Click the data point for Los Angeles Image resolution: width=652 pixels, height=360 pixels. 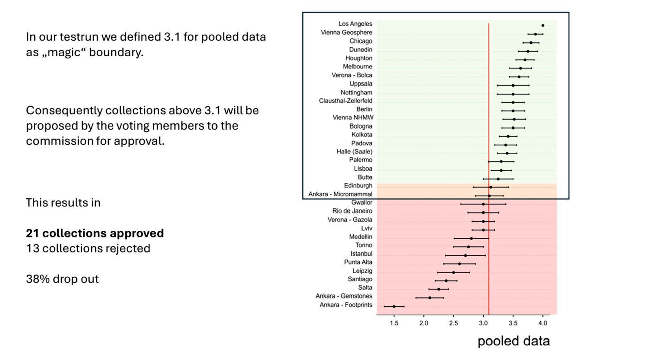543,26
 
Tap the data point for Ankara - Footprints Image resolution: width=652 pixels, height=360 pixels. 394,306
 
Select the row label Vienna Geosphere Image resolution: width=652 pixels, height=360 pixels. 346,33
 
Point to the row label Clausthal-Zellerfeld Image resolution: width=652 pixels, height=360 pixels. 346,101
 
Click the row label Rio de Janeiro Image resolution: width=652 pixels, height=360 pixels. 352,211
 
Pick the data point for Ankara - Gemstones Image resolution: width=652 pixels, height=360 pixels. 430,298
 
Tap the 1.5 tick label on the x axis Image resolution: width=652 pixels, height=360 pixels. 394,323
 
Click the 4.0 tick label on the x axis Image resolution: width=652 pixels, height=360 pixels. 543,323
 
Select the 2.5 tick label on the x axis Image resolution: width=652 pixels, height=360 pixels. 454,323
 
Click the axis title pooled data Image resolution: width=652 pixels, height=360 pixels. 513,341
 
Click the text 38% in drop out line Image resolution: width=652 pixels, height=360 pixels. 38,279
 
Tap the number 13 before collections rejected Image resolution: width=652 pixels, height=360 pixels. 32,248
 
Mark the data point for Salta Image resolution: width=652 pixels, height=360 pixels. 439,289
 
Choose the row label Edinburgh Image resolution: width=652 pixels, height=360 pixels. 358,186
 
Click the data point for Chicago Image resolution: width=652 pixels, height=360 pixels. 531,43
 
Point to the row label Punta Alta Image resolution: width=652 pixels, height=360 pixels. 358,262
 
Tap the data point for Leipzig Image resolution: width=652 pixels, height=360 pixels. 454,272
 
